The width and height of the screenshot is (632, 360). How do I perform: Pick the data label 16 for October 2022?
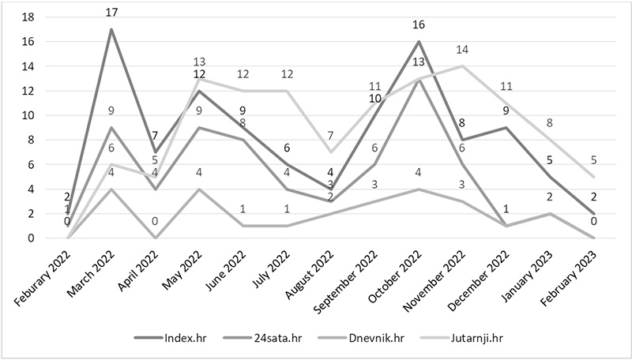[419, 25]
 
